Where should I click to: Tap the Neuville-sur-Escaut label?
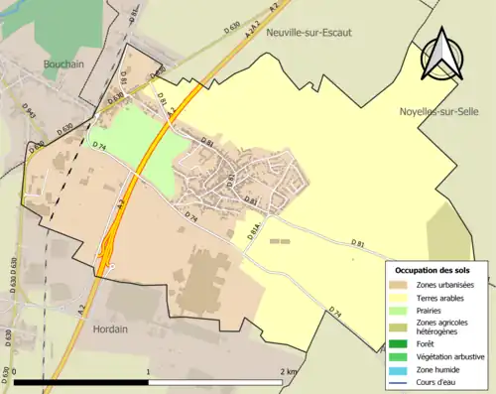click(309, 32)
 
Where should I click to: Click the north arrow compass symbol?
click(442, 54)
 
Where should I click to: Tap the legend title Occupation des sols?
click(433, 270)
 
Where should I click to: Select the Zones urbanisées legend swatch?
click(404, 286)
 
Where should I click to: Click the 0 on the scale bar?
click(14, 372)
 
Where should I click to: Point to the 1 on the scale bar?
click(148, 372)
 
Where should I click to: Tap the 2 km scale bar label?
click(289, 372)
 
